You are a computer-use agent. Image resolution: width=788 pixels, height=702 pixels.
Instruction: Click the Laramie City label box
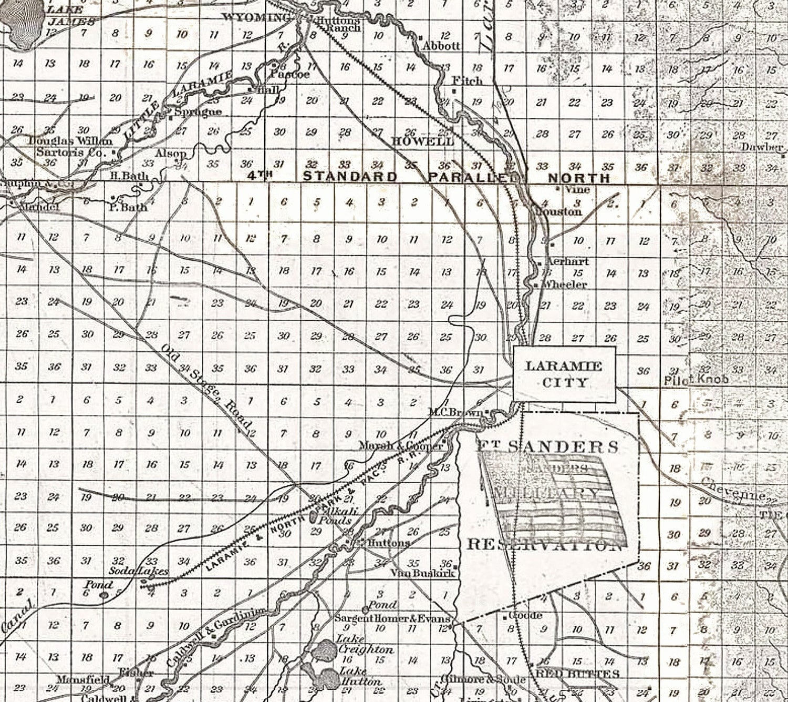564,374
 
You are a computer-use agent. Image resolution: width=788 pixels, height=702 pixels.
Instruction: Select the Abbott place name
441,46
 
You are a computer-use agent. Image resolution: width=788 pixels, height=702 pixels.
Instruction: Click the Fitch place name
468,81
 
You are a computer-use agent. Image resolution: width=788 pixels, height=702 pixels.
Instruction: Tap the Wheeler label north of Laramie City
563,284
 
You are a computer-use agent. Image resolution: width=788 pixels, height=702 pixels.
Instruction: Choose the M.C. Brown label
455,412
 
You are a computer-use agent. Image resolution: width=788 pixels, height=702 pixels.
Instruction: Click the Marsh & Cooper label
401,446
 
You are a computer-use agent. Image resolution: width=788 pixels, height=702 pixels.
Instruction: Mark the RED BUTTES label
577,674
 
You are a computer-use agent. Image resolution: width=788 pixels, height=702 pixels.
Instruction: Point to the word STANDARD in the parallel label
350,177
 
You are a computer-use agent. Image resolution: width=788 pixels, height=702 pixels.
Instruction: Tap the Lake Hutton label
360,676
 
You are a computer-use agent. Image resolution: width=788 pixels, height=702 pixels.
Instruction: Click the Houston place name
558,212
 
